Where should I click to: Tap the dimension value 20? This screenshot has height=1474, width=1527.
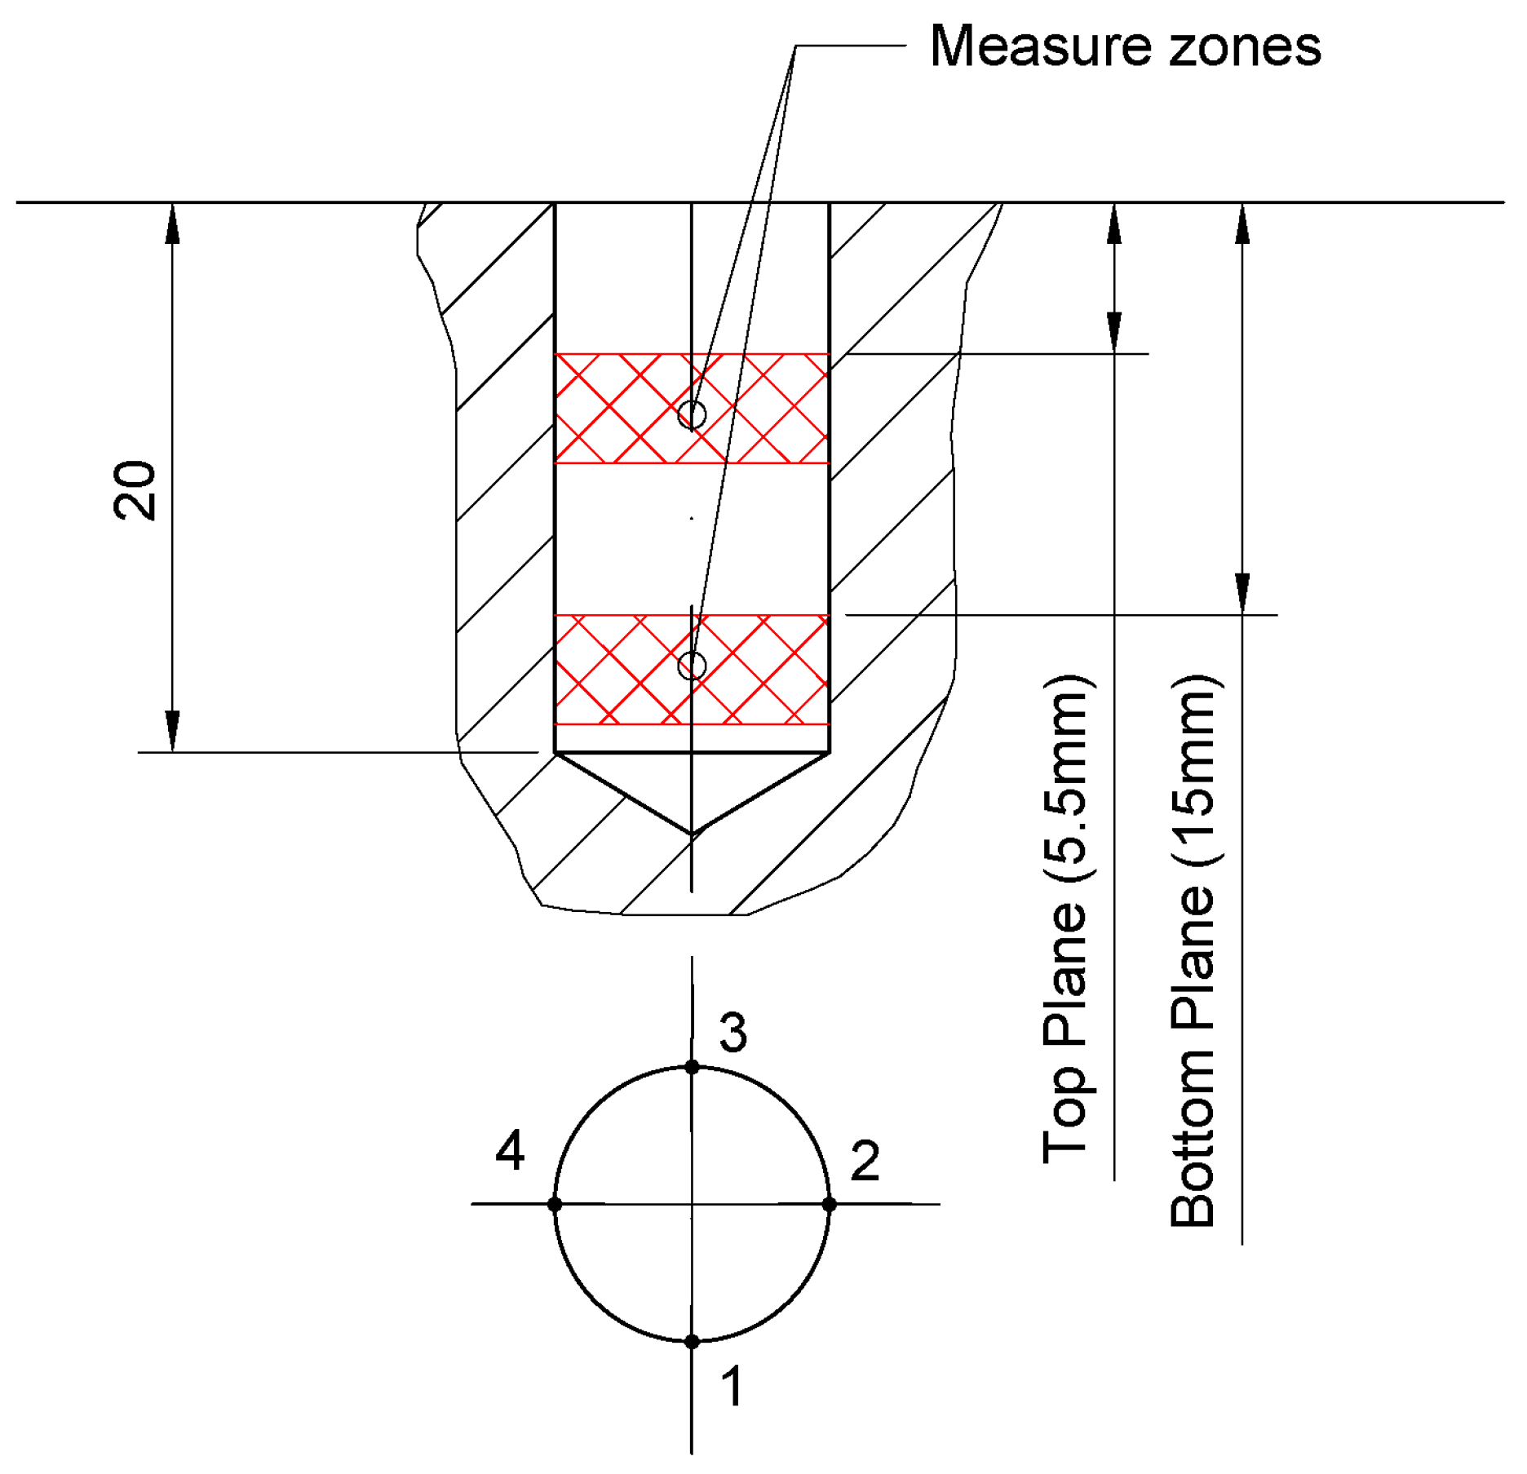(135, 490)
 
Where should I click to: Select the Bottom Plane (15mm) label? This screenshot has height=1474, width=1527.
(1193, 950)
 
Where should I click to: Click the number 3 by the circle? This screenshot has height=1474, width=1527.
(733, 1033)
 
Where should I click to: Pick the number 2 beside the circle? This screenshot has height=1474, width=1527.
(865, 1160)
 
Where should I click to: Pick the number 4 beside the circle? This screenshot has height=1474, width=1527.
(511, 1151)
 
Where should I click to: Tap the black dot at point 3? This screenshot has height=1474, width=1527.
(692, 1067)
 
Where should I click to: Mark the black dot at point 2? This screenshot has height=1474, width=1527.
(830, 1204)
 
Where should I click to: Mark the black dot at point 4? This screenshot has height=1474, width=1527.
(555, 1204)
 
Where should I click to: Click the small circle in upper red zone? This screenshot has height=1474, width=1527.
(692, 414)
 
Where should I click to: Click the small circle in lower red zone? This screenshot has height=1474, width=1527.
(692, 666)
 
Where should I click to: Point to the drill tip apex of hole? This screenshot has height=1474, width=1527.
(692, 834)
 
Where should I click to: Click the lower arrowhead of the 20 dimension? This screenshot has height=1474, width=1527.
(172, 730)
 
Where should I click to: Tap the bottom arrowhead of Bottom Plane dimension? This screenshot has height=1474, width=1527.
(1242, 593)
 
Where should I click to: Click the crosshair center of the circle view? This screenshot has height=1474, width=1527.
(692, 1204)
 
